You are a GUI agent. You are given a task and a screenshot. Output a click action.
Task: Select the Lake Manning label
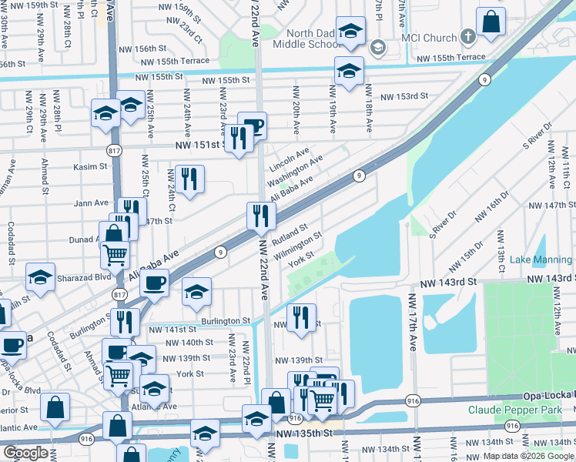tap(541, 260)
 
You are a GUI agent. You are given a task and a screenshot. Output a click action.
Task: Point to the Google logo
tap(25, 453)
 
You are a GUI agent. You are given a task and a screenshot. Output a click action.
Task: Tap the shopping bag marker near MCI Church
tap(491, 24)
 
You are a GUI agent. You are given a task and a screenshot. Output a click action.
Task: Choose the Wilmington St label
tap(296, 247)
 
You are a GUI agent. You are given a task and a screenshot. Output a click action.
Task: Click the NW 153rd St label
tap(407, 96)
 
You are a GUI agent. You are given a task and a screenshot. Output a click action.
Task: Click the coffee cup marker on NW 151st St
tap(252, 126)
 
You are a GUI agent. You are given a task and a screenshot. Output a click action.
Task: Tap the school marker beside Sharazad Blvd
tap(40, 279)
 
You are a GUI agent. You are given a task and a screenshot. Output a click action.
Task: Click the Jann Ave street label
tap(92, 203)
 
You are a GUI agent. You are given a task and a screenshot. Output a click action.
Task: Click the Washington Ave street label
tap(295, 173)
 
